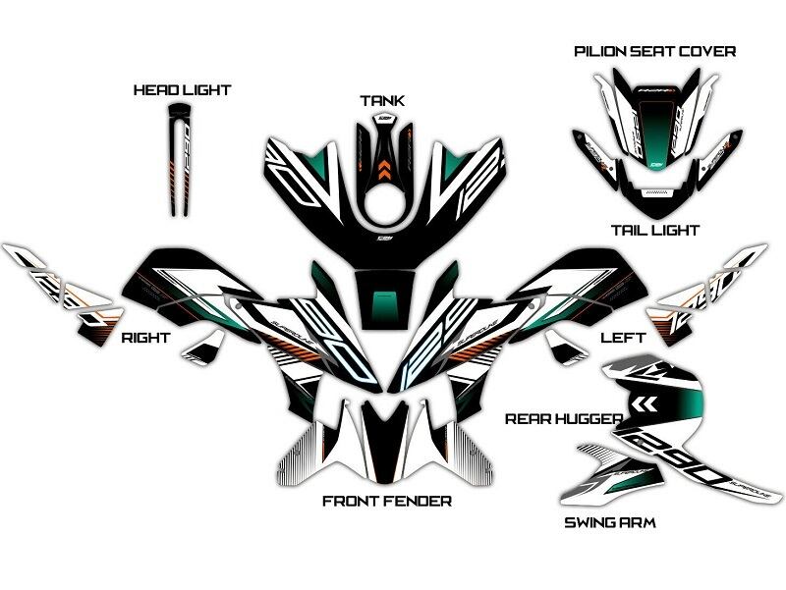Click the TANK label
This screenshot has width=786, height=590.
[x=381, y=101]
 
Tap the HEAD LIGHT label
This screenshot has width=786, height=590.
[x=182, y=90]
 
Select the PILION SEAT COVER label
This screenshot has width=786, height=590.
[x=654, y=51]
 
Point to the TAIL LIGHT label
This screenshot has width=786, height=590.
[x=654, y=230]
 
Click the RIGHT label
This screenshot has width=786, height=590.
[x=145, y=338]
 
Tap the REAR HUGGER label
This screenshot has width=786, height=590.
[x=563, y=419]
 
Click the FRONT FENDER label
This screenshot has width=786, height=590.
[x=387, y=502]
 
